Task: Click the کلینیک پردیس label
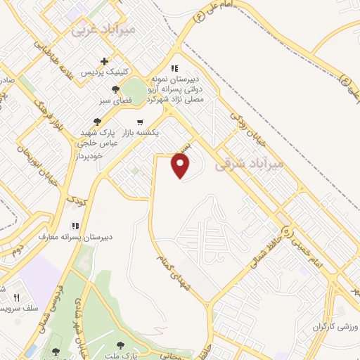105,73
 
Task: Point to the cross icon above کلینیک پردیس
105,62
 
